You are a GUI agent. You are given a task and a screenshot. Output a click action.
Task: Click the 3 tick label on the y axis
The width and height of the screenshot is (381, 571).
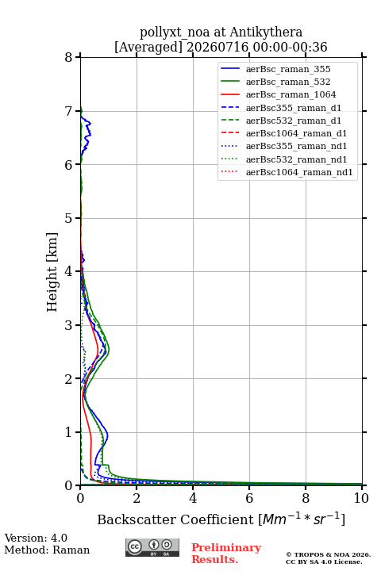68,325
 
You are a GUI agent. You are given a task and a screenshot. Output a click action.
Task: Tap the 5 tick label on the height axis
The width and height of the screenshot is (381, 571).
68,218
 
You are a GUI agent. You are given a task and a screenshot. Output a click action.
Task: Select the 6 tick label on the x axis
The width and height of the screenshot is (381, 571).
249,498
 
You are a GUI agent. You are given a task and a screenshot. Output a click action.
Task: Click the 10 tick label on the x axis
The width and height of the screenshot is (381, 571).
361,498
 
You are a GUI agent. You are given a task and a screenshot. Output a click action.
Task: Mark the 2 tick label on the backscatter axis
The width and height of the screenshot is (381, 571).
137,498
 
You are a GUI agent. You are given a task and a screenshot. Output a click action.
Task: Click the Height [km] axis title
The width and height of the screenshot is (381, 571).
52,272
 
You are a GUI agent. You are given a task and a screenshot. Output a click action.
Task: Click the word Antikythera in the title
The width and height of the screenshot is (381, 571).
266,33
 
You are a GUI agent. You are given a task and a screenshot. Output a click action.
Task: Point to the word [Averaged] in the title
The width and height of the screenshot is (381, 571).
148,48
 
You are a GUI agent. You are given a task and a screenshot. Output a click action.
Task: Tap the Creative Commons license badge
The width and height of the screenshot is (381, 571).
152,547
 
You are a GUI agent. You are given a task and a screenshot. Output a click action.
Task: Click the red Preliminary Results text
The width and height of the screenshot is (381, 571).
226,554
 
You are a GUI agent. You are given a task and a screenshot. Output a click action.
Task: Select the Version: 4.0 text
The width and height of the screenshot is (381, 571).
36,538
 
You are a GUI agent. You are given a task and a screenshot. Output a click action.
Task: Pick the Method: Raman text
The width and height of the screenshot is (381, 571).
47,550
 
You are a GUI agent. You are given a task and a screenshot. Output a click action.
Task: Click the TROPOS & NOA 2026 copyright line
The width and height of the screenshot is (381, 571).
328,554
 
